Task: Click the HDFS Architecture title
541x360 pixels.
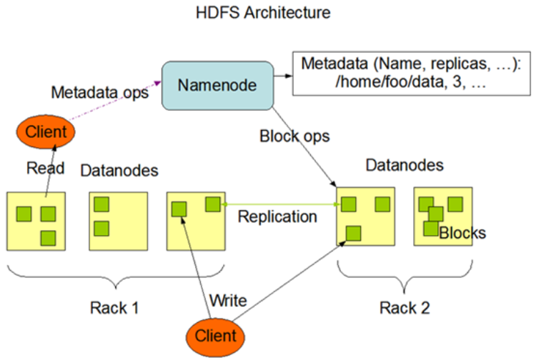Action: coord(263,13)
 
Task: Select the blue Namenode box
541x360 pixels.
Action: coord(218,86)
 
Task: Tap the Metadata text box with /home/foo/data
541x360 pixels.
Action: coord(411,74)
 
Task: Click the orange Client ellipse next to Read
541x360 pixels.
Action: coord(46,131)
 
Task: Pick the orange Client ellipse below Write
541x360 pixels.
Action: coord(215,337)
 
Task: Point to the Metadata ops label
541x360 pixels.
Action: coord(100,92)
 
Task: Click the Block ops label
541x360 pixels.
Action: coord(294,136)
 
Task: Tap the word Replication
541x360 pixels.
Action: coord(277,217)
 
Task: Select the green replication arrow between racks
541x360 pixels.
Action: coord(281,204)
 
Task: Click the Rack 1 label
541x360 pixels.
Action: coord(114,308)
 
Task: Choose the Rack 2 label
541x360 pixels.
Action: coord(404,308)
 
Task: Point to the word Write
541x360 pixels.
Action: coord(228,301)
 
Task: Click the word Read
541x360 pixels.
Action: coord(45,169)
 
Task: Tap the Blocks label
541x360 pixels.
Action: coord(462,233)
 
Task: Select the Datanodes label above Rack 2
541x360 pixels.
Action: coord(404,165)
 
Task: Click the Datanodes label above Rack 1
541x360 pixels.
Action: coord(119,171)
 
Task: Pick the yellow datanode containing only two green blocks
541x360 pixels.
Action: coord(119,221)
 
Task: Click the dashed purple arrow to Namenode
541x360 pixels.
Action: coord(115,100)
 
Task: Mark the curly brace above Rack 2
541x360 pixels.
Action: coord(404,274)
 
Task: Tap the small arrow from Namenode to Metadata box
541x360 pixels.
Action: coord(283,76)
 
